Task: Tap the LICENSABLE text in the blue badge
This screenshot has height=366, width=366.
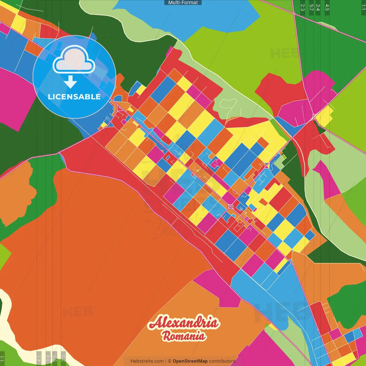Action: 74,97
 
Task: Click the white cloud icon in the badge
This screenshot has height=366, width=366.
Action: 74,60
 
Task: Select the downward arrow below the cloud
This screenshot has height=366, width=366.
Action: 70,82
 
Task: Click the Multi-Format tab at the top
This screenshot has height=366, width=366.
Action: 183,3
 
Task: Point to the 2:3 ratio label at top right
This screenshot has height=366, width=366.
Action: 303,7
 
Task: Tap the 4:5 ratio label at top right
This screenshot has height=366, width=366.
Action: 327,7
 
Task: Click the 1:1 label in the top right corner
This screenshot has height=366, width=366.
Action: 363,7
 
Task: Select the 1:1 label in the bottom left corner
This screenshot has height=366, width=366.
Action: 3,359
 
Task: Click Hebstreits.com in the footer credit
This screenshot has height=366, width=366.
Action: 147,361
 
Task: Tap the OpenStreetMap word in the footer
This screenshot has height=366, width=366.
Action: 190,361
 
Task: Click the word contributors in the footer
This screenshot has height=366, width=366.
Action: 222,361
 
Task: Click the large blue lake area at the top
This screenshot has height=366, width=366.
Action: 183,17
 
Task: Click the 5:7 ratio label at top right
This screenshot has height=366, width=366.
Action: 311,7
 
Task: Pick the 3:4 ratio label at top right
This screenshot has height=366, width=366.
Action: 318,7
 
